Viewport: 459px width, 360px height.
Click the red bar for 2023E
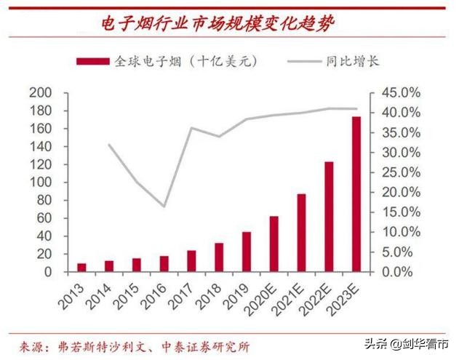point(356,194)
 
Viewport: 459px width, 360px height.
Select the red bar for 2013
point(81,268)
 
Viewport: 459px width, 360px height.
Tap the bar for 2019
point(247,252)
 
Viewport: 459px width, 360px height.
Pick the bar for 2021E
point(301,233)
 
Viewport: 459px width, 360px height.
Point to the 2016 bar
point(164,264)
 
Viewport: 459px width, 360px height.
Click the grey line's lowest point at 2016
point(164,207)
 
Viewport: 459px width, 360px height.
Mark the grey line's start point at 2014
point(109,145)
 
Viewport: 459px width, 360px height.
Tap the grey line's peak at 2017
point(192,128)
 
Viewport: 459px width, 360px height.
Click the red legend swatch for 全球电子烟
point(93,61)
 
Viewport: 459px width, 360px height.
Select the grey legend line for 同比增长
point(305,61)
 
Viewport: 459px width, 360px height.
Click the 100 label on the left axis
point(41,183)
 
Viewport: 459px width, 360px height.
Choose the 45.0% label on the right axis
point(401,93)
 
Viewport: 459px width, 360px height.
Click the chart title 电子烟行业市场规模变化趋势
point(218,23)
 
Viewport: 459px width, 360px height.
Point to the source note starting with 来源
point(135,348)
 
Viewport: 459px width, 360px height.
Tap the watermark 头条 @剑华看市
point(407,343)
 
